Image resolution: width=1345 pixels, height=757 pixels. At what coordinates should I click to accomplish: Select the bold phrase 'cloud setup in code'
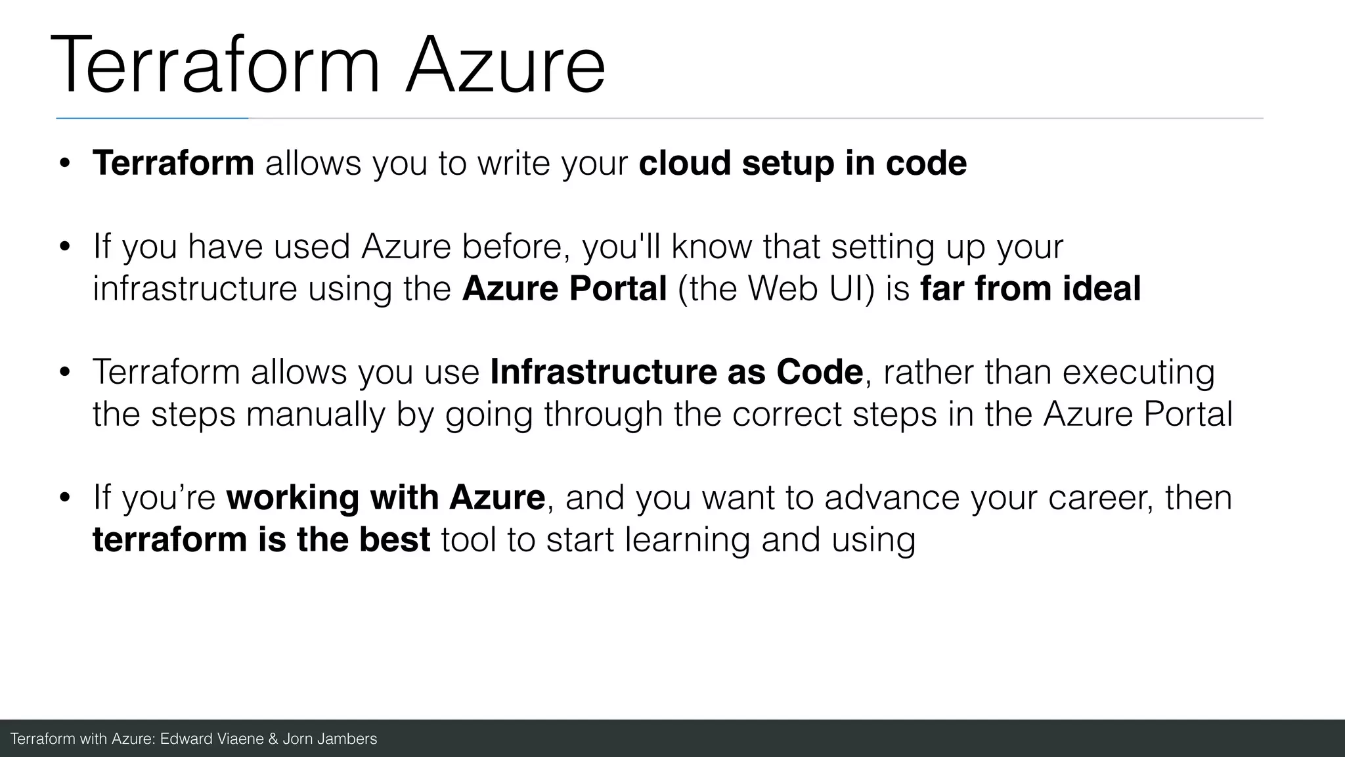point(802,163)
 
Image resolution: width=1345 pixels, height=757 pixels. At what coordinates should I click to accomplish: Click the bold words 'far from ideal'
point(1030,288)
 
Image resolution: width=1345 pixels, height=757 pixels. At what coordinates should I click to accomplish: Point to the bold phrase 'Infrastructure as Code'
point(676,372)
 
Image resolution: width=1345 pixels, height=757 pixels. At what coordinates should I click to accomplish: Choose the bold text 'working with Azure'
point(385,497)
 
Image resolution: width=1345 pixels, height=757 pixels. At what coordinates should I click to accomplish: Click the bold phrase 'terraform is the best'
point(261,539)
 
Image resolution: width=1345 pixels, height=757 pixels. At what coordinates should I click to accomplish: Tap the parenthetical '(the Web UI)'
point(776,288)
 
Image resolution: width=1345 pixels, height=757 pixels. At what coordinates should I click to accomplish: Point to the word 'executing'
point(1138,372)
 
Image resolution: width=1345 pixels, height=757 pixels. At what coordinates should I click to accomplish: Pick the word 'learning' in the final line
point(686,539)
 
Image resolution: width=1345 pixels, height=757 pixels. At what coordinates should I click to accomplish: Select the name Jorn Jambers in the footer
point(330,739)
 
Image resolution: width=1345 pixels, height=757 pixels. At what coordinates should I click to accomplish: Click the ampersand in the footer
point(274,739)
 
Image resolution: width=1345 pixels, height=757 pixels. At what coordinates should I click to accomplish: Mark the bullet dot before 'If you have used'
point(64,248)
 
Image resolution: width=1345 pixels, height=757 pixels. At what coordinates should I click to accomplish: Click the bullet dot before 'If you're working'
point(64,498)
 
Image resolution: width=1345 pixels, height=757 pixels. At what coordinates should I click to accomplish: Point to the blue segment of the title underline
point(152,118)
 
